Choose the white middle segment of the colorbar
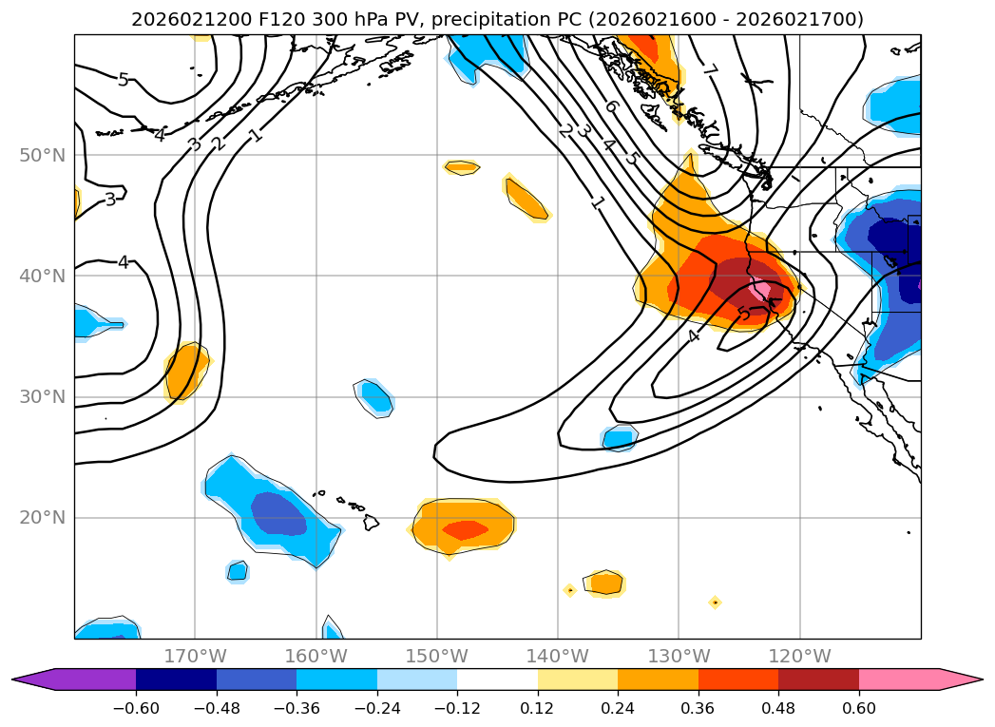click(x=497, y=679)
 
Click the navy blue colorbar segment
click(x=176, y=679)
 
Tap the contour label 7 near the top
click(x=709, y=70)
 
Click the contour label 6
click(x=610, y=107)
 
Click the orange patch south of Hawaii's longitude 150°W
click(x=463, y=526)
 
